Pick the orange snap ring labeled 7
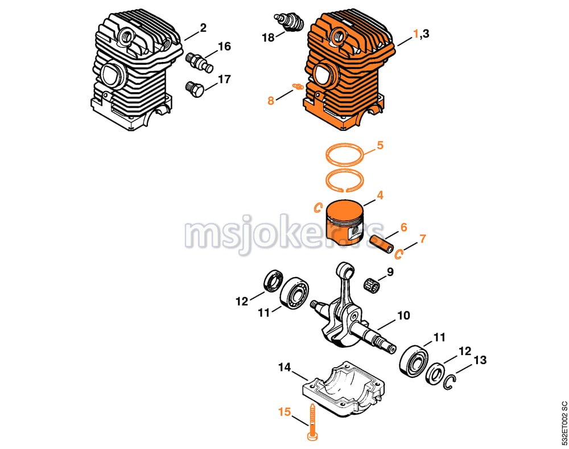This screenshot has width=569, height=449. pyautogui.click(x=400, y=252)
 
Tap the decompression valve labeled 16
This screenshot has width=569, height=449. pyautogui.click(x=200, y=61)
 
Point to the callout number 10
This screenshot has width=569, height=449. pyautogui.click(x=403, y=315)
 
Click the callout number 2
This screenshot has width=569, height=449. pyautogui.click(x=203, y=27)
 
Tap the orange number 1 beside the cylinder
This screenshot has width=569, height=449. pyautogui.click(x=416, y=34)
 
